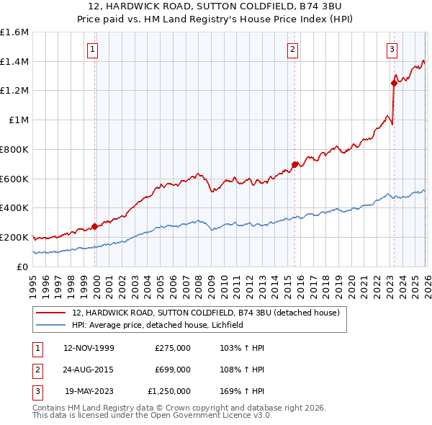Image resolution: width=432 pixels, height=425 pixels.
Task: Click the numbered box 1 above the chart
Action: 94,50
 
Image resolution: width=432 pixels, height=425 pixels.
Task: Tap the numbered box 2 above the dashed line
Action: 293,50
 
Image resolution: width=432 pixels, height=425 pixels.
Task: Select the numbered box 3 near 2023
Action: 391,50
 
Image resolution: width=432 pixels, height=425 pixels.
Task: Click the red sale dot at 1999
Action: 95,226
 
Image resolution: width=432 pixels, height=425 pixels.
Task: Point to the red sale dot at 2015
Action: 295,164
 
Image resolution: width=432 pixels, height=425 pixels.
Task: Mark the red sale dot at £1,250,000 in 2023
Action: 394,83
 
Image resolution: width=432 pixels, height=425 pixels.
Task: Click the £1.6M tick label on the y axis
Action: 14,32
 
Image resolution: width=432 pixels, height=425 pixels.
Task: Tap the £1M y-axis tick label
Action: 19,120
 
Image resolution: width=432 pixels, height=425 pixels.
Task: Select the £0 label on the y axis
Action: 23,267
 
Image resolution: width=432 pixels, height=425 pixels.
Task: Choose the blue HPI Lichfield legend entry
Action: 158,326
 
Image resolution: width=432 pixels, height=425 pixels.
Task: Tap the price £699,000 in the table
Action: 173,370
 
